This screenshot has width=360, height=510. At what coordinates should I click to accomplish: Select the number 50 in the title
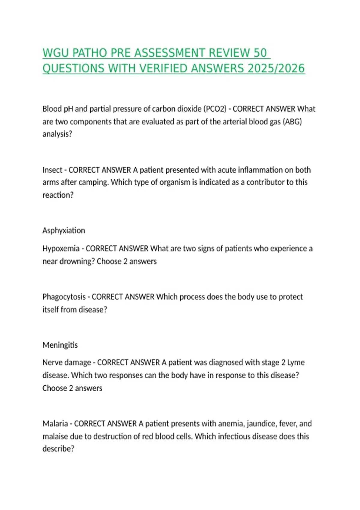260,53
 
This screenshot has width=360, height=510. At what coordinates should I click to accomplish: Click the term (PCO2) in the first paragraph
215,109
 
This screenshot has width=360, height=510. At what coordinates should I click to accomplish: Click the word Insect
52,170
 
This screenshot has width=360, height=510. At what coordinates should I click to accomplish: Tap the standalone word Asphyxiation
64,230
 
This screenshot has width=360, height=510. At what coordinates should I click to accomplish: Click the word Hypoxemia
61,249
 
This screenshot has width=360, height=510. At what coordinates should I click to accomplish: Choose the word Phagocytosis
64,297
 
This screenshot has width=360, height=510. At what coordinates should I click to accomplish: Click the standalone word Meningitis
60,345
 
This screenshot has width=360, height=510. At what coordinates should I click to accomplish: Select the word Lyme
296,362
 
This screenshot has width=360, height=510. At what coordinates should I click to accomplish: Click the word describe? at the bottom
58,449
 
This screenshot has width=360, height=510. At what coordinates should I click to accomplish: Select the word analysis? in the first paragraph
57,134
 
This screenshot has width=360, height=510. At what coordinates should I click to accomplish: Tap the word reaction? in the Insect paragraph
58,195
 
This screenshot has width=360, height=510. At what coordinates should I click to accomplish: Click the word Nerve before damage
52,362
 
